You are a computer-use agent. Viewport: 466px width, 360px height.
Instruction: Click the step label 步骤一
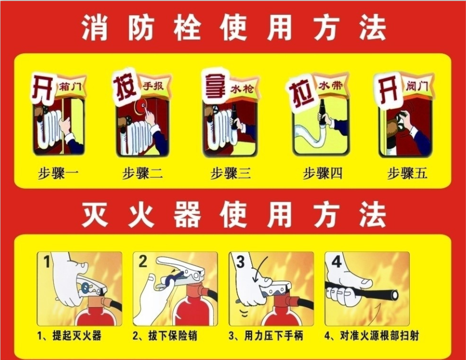tap(58, 173)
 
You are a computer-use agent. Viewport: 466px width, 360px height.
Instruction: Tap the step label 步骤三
tap(231, 173)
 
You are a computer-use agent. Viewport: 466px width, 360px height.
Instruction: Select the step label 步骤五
tap(407, 173)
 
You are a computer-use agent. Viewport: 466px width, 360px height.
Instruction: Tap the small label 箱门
tap(71, 87)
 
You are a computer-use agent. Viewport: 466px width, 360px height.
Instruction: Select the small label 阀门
tap(417, 86)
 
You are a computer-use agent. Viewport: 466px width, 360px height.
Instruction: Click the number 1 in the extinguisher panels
tap(47, 262)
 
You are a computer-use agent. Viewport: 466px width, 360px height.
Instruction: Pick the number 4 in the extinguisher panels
tap(336, 262)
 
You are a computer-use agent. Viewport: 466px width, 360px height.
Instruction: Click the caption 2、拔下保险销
tap(165, 336)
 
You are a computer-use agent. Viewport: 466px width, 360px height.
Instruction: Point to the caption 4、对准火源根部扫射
tap(372, 336)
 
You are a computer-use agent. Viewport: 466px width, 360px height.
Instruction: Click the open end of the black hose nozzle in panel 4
tap(394, 294)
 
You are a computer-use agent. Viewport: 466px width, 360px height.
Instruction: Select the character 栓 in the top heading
tap(187, 28)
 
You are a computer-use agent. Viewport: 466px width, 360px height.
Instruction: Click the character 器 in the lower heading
tap(187, 214)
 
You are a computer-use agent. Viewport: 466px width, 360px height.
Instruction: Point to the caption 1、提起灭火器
tap(69, 336)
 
